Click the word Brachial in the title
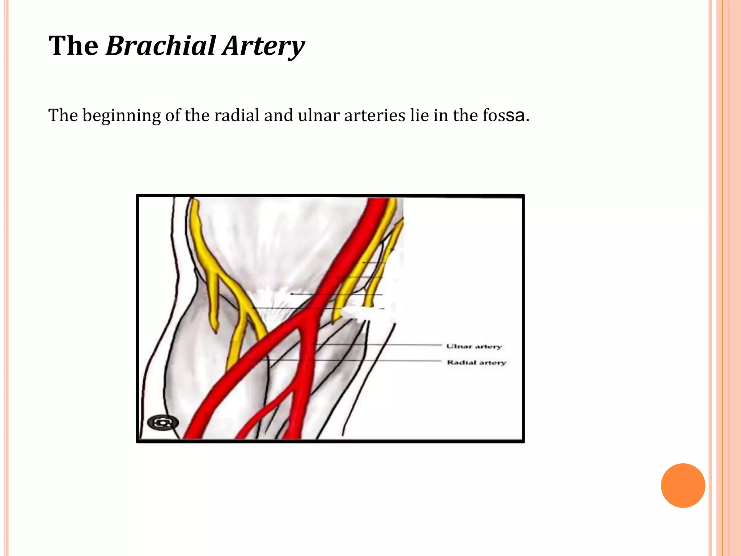tap(161, 46)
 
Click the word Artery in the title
tap(263, 46)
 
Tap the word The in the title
tap(73, 46)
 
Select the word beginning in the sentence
tap(122, 116)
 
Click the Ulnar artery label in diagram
tap(474, 346)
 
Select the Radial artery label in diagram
tap(476, 362)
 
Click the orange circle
tap(683, 485)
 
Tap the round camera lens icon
tap(163, 422)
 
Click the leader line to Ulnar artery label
tap(380, 345)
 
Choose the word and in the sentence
tap(279, 115)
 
